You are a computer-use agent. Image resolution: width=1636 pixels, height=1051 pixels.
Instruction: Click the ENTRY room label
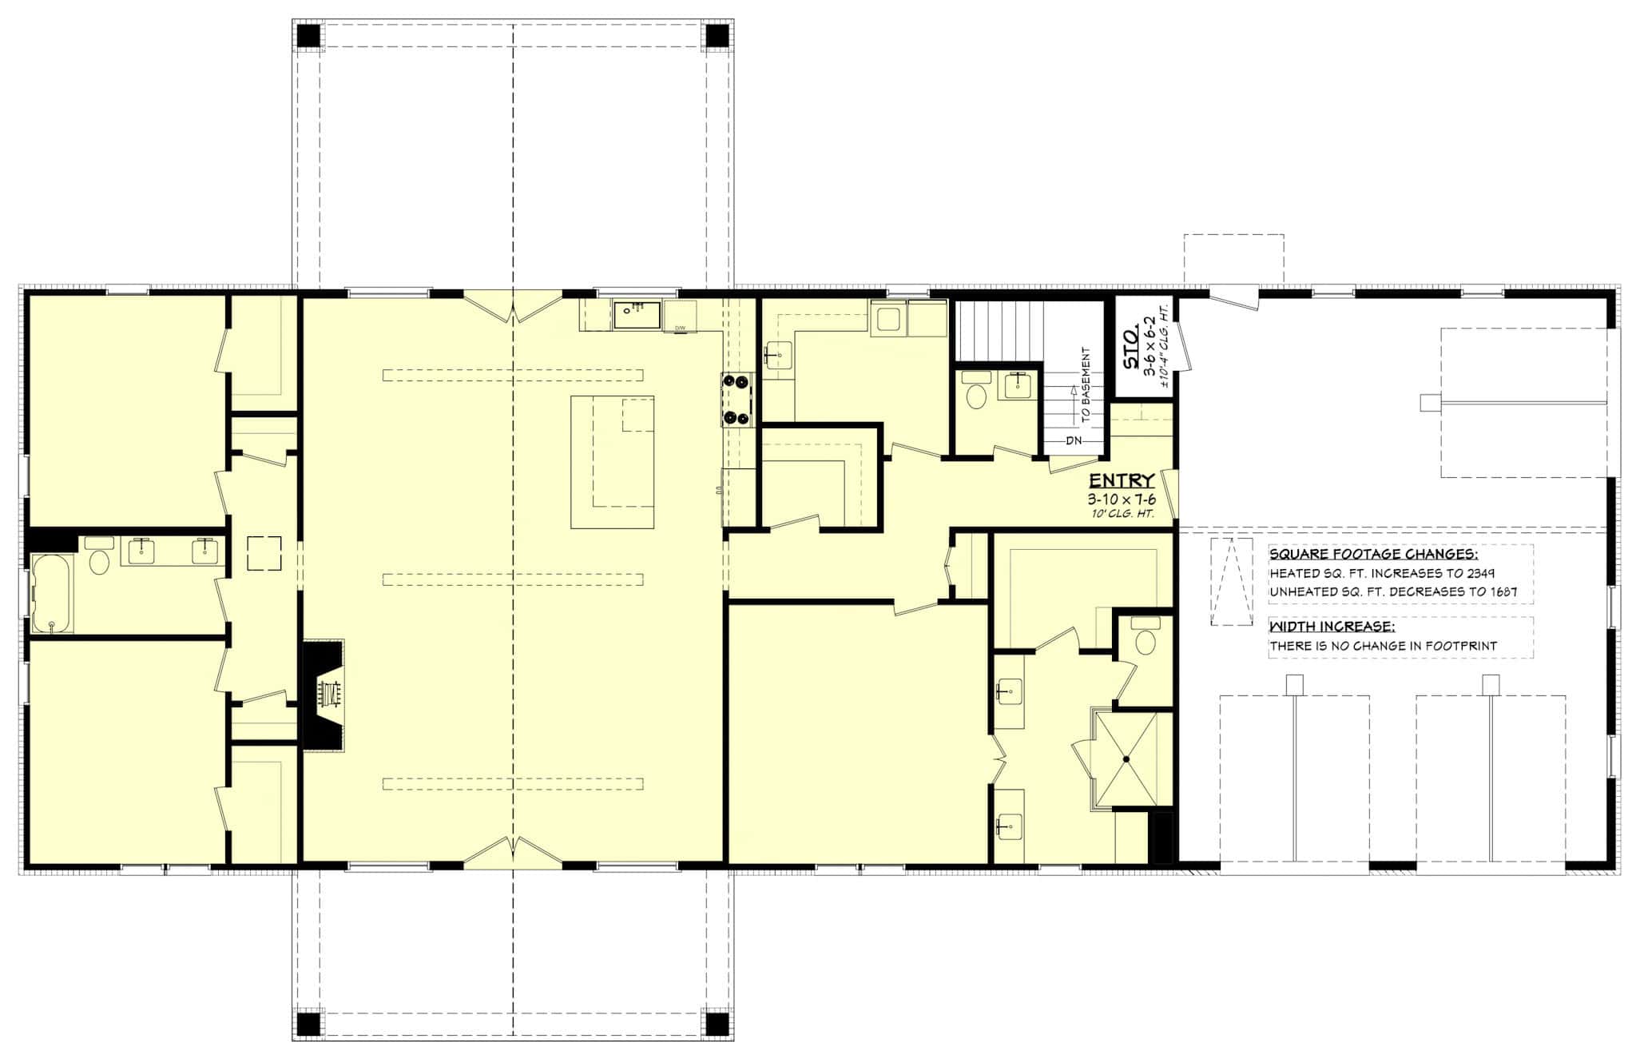[1122, 480]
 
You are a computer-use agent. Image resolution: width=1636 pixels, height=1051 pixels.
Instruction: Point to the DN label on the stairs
[1073, 440]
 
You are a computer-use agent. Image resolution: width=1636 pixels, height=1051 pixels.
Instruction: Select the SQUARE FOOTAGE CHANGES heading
[1373, 555]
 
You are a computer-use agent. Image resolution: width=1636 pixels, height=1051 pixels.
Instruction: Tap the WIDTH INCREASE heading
[1332, 627]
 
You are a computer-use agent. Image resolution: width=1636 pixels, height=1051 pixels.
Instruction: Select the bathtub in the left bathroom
[52, 594]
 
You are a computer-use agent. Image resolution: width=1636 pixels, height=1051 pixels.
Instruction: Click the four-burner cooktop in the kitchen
[737, 400]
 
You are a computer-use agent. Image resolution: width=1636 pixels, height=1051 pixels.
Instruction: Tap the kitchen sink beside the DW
[637, 315]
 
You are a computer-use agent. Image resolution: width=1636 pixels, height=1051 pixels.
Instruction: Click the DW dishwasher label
[681, 328]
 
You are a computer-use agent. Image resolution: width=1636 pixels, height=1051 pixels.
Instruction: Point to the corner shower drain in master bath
[1124, 758]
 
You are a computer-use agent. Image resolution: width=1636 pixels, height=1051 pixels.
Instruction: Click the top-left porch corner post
[308, 36]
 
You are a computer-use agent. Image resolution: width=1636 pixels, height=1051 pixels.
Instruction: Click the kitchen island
[613, 462]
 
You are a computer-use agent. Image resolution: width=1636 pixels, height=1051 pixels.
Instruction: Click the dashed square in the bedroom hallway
[264, 553]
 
